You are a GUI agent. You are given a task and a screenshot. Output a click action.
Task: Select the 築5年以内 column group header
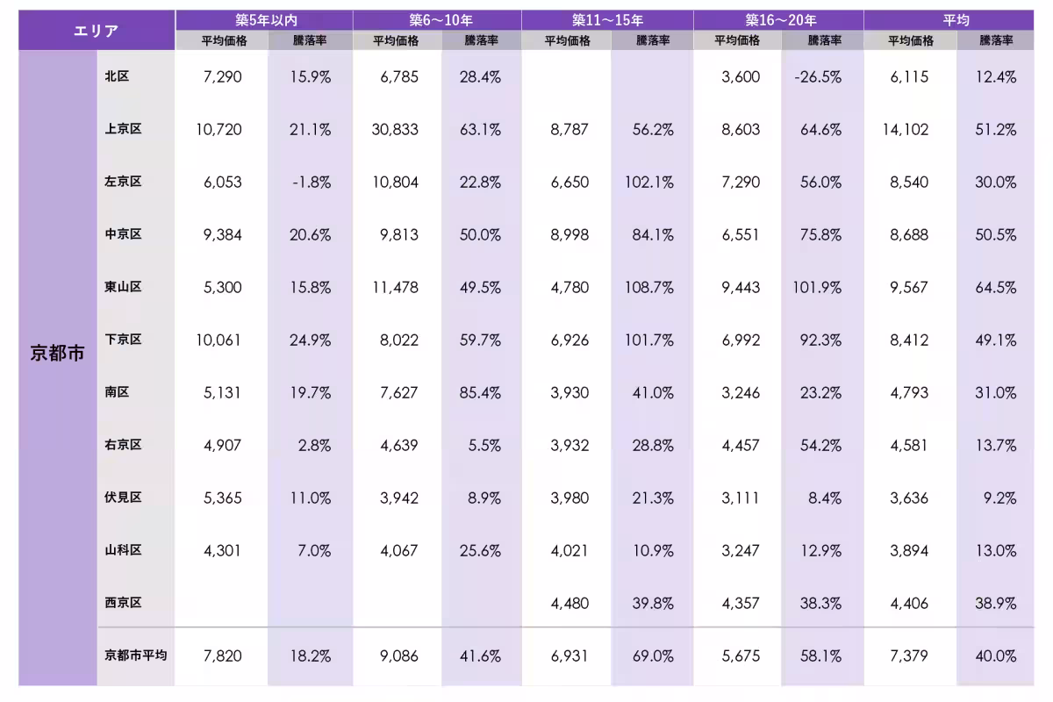tap(264, 19)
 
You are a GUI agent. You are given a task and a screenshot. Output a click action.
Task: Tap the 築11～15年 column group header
tap(607, 19)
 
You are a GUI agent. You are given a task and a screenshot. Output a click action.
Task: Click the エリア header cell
tap(97, 30)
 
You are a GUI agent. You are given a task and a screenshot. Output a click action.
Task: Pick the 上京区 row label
tap(123, 129)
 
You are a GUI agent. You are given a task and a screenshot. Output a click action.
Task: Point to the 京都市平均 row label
tap(136, 655)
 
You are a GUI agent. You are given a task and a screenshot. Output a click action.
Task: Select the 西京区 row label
tap(123, 603)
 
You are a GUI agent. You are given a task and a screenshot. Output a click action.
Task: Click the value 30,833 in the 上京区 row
tap(395, 129)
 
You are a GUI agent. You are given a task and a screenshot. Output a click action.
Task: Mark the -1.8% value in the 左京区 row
tap(312, 183)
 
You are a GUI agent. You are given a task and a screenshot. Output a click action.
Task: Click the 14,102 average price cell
tap(906, 129)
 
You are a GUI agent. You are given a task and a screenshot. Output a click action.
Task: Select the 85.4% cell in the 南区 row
tap(480, 392)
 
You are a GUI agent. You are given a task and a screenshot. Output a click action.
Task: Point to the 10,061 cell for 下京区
tap(218, 340)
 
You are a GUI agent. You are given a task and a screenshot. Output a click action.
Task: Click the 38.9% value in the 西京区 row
tap(996, 603)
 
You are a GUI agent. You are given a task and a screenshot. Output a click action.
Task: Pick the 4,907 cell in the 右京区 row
tap(222, 445)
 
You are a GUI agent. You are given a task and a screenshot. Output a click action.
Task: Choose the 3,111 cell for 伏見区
tap(741, 498)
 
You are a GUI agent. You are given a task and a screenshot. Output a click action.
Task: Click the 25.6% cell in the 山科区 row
tap(480, 551)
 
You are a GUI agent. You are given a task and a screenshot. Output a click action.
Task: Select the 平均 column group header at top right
tap(955, 19)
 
